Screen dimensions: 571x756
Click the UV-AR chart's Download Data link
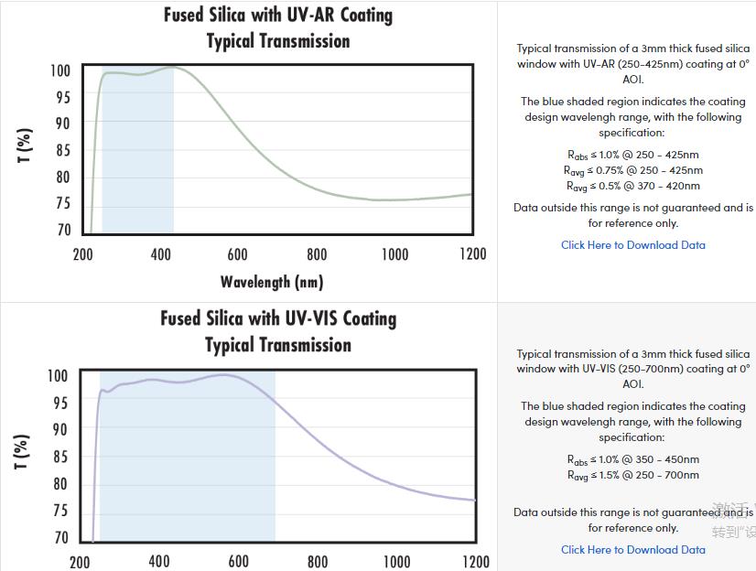pos(633,245)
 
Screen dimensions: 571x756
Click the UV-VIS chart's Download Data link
pos(633,550)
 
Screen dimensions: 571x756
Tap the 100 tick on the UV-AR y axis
pos(60,70)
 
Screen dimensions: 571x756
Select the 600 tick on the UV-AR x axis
pos(238,254)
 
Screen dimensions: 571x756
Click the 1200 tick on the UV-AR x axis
pos(473,254)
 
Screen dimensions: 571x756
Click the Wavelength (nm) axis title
pos(272,282)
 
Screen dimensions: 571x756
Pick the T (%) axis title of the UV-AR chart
pos(26,146)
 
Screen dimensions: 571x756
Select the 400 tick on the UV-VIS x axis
pos(159,561)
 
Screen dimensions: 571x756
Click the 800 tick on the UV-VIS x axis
pos(318,561)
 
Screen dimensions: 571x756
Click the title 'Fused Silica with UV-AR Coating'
pos(278,16)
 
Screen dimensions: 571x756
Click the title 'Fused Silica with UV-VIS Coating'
pos(278,319)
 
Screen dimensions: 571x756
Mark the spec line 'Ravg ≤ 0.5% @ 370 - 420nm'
pos(633,186)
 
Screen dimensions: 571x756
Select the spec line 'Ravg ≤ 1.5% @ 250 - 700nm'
pos(633,475)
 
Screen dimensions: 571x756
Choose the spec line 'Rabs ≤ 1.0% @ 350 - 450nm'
pos(633,459)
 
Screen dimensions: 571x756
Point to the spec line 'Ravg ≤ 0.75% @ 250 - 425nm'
pos(633,170)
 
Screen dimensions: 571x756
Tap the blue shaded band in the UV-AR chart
pos(137,156)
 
